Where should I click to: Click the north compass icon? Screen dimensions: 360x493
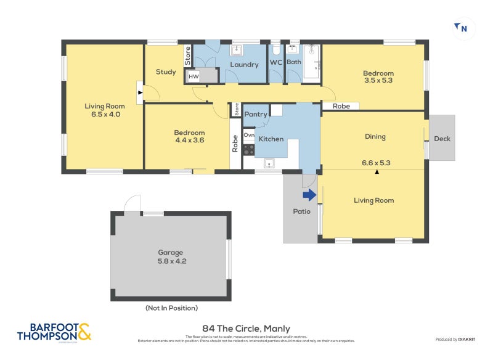pos(463,28)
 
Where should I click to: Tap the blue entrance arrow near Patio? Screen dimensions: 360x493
pos(309,195)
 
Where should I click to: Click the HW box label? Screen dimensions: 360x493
pos(194,76)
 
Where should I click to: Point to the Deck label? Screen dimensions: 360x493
pos(442,139)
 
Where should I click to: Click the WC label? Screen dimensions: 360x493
pos(276,62)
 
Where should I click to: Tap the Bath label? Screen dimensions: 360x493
pos(294,62)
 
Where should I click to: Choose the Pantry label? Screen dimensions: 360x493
pos(256,114)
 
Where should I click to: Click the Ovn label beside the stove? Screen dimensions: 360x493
pos(249,134)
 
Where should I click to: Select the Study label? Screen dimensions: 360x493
pos(166,72)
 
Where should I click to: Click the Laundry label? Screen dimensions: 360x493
pos(244,64)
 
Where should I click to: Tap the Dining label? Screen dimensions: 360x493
pos(375,137)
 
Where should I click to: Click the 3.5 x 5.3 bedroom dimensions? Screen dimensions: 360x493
pos(378,80)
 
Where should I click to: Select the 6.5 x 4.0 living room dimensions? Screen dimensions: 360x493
pos(102,114)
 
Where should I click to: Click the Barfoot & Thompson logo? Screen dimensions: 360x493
pos(54,332)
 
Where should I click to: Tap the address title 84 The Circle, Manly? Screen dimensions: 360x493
pos(246,329)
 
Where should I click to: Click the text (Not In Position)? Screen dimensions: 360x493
pos(171,308)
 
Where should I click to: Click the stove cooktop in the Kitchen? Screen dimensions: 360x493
pos(248,149)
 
